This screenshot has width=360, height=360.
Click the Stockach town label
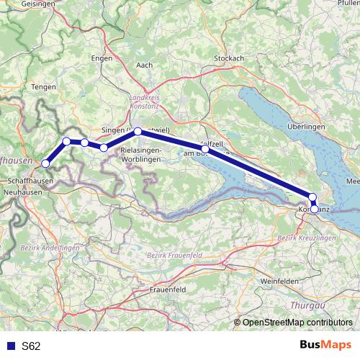pos(229,58)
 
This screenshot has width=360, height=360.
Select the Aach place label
pos(144,65)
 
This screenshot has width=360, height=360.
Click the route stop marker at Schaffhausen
pos(45,163)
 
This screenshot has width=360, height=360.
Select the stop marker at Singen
pos(138,132)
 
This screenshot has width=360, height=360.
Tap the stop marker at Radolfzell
pos(205,150)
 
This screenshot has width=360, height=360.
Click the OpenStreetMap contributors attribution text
pos(297,323)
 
